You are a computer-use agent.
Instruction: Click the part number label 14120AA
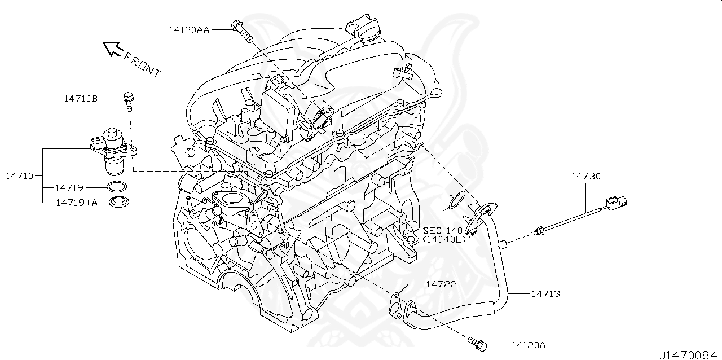coord(188,30)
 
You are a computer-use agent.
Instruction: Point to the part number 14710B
coord(80,99)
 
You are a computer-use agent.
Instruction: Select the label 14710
coord(19,175)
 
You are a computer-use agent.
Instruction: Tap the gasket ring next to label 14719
coord(116,187)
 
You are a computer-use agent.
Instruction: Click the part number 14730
coord(586,176)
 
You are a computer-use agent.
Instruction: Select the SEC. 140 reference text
coord(442,230)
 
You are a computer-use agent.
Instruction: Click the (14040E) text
coord(444,239)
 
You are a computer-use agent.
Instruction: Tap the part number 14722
coord(442,284)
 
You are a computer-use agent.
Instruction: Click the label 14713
coord(545,293)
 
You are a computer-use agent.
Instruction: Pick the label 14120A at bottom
coord(529,344)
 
